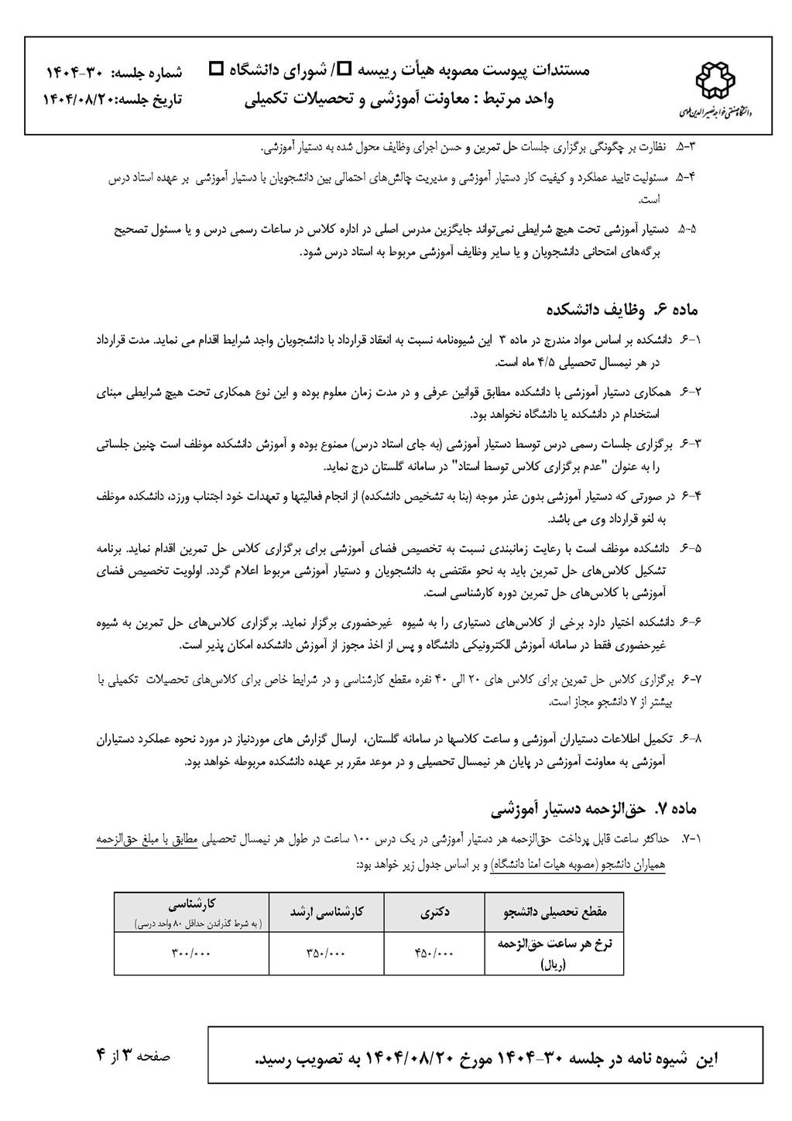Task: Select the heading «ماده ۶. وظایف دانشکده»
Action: coord(620,310)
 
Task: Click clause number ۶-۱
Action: coord(689,339)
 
